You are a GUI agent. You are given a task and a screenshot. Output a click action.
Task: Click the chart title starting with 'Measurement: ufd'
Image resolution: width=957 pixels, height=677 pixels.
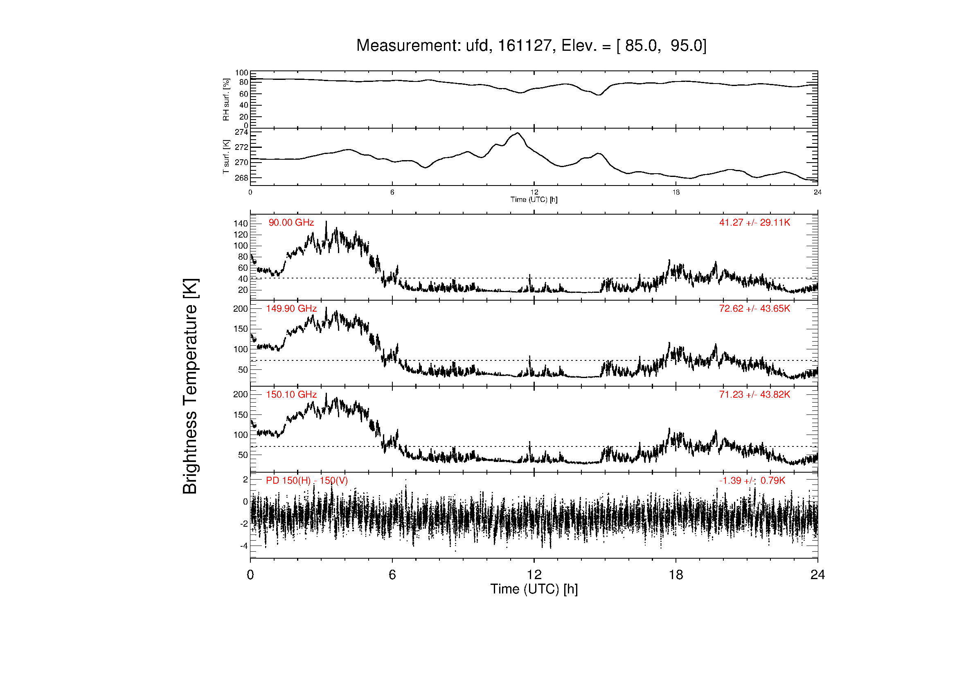click(531, 45)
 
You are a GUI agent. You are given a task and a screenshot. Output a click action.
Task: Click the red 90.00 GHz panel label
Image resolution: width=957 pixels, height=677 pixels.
click(291, 223)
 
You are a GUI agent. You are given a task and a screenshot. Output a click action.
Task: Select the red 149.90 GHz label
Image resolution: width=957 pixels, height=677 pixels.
click(291, 309)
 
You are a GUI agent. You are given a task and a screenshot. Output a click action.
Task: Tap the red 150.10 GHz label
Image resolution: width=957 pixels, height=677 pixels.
click(291, 394)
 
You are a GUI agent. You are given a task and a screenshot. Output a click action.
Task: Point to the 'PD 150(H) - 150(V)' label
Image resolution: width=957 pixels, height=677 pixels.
click(307, 480)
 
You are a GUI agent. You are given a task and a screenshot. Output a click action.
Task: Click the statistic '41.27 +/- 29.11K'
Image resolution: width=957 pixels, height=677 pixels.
click(754, 223)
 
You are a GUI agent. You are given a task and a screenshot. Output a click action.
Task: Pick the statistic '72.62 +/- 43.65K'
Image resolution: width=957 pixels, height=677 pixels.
click(754, 309)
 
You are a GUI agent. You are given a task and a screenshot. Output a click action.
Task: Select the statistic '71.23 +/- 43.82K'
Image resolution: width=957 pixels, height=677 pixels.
click(754, 394)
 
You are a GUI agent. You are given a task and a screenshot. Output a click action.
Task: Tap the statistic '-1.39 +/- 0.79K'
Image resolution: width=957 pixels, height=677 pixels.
click(752, 480)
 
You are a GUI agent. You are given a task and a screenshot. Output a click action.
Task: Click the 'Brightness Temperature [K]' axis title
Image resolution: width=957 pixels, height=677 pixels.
click(190, 386)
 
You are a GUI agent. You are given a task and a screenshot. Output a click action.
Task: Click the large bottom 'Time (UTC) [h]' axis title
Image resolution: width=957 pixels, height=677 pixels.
click(534, 589)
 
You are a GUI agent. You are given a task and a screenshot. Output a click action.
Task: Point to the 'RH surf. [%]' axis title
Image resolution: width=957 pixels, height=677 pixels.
click(226, 100)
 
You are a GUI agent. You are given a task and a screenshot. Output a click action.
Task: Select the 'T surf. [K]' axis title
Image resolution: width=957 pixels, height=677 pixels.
click(226, 157)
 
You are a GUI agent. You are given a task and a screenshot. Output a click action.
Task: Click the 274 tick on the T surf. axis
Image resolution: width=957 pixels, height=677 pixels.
click(241, 132)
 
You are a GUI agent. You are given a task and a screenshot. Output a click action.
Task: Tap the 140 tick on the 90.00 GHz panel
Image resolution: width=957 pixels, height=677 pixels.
click(241, 224)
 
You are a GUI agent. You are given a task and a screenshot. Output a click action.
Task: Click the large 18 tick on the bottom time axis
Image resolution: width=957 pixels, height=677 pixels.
click(676, 575)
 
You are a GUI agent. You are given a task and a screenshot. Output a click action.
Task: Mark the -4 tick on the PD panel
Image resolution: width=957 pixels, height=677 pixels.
click(244, 546)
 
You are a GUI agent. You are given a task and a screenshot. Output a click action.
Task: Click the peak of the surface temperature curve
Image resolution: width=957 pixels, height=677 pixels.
click(518, 133)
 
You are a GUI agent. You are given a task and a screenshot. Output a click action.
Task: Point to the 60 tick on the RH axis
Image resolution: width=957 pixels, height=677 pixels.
click(244, 94)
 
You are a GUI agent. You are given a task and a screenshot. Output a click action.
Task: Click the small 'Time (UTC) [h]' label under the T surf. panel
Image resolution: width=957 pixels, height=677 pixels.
click(534, 199)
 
